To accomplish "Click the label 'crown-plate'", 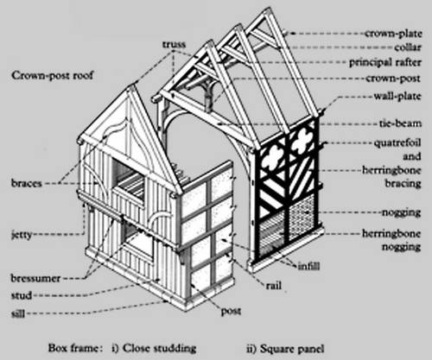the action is click(393, 34).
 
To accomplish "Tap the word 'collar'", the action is click(408, 47).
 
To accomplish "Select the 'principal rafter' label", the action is click(385, 62).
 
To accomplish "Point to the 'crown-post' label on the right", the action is click(393, 79).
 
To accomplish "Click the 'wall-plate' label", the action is click(397, 96).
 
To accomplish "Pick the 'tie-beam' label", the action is click(400, 123).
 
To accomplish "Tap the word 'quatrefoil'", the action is click(397, 142).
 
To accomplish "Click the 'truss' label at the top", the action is click(174, 44).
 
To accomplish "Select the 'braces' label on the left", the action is click(27, 183).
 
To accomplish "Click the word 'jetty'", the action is click(22, 235).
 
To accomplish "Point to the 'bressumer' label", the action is click(35, 278).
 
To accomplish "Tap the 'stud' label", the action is click(22, 295).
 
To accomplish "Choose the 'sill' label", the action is click(18, 313).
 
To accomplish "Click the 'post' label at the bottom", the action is click(231, 312).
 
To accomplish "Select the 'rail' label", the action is click(274, 286).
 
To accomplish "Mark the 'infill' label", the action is click(308, 266).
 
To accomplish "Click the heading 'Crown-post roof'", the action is click(53, 75).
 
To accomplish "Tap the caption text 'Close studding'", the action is click(159, 348).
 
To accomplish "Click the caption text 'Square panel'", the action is click(292, 349).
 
